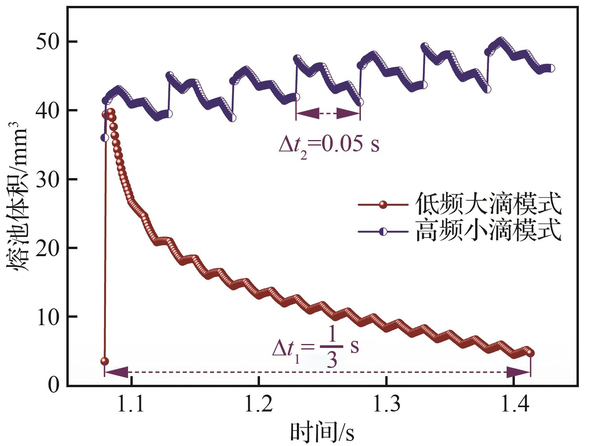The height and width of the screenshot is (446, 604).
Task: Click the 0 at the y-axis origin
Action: (54, 385)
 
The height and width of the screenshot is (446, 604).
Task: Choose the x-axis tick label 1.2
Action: (259, 404)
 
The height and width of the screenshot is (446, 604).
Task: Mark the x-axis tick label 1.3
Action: (386, 404)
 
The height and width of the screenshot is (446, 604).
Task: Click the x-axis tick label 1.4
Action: (514, 404)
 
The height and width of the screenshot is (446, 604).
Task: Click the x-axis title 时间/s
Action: (322, 432)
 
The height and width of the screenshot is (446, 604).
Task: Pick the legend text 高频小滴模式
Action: (488, 231)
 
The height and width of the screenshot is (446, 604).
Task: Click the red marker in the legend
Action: (383, 204)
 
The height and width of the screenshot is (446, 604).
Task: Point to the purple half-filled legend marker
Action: (383, 232)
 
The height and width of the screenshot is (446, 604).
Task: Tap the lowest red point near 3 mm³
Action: (104, 361)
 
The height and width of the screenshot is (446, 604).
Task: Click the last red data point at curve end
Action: (531, 353)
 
